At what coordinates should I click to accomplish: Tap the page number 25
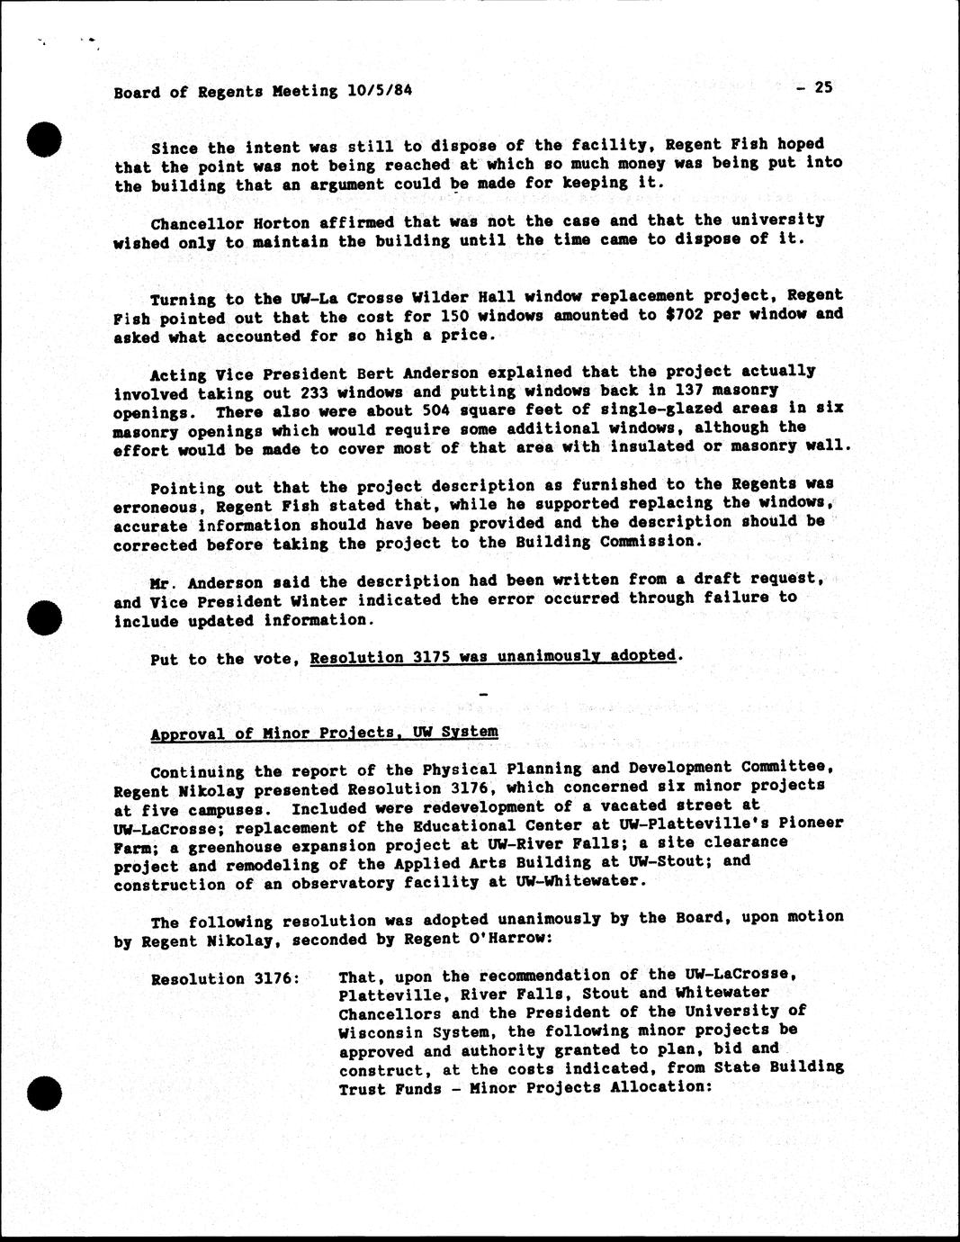(x=822, y=87)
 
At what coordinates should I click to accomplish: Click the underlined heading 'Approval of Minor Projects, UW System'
(x=324, y=733)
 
